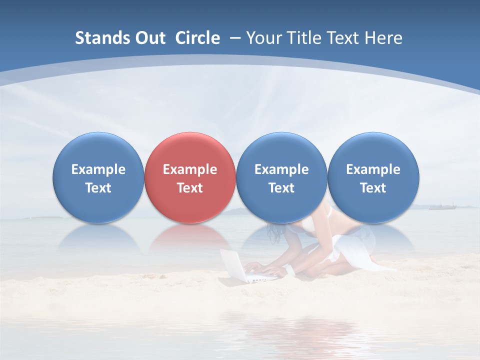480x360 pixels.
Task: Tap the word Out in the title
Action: [150, 38]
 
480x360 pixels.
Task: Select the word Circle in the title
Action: [197, 38]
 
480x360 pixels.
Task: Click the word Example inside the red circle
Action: [190, 169]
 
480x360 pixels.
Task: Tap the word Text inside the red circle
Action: [190, 188]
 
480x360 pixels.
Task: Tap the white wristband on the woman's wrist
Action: [289, 270]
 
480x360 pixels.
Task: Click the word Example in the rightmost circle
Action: [373, 169]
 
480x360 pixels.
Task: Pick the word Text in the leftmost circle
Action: [98, 188]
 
